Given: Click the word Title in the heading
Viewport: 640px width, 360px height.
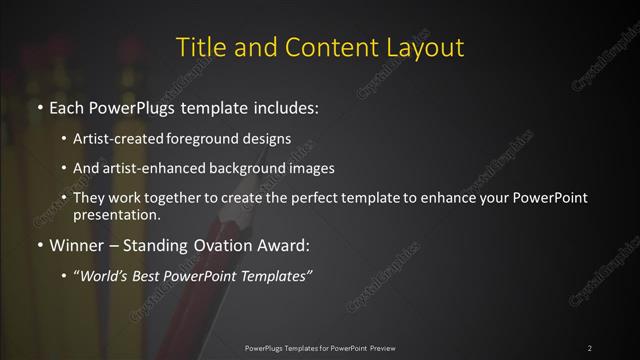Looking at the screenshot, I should tap(198, 47).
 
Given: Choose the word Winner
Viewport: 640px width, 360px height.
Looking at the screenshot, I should tap(71, 243).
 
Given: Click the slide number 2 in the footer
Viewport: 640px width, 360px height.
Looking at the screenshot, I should tap(590, 347).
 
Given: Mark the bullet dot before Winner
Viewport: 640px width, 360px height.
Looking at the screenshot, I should tap(38, 243).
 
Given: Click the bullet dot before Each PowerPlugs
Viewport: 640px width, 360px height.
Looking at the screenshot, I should tap(38, 105).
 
